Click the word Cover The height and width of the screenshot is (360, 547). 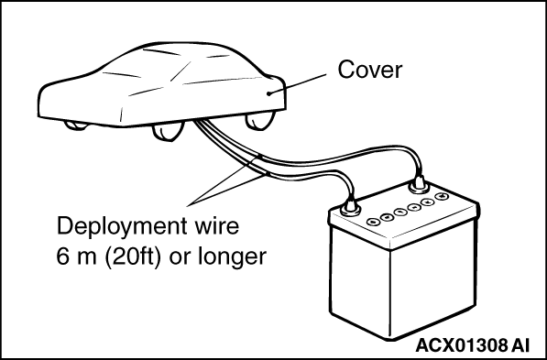click(x=370, y=70)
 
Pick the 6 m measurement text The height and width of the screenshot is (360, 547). click(x=77, y=256)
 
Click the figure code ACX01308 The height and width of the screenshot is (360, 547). click(x=462, y=345)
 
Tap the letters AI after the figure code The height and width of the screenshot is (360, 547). click(x=520, y=345)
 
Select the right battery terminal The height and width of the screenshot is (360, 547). click(x=419, y=185)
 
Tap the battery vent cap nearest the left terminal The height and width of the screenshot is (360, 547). click(x=373, y=222)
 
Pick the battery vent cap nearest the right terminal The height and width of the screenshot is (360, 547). click(x=441, y=196)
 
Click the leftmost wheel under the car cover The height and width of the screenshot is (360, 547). click(x=76, y=125)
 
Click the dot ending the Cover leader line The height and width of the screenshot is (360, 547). click(x=269, y=93)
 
